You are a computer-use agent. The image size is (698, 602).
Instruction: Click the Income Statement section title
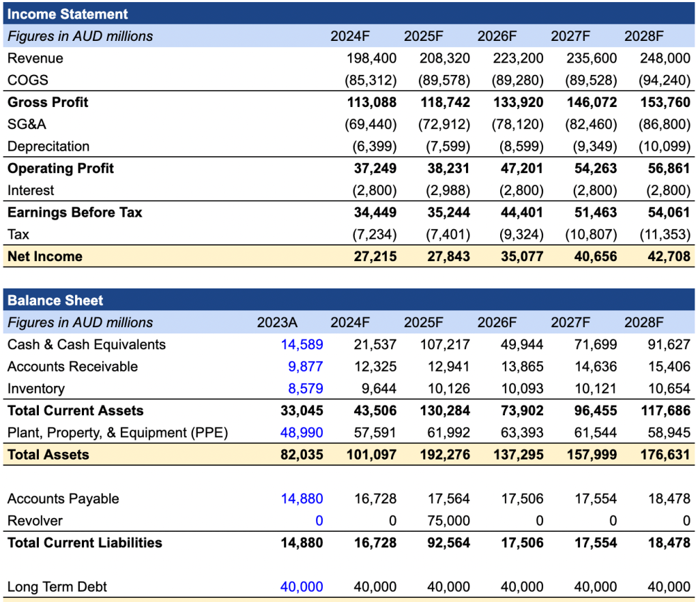(x=68, y=14)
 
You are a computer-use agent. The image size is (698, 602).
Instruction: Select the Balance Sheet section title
(x=55, y=300)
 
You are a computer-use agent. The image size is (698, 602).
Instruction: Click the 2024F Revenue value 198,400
(x=371, y=58)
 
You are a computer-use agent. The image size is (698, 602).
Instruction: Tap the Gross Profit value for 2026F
(x=519, y=102)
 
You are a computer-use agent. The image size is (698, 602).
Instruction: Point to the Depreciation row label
(x=48, y=146)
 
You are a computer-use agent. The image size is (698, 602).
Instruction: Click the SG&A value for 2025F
(x=444, y=124)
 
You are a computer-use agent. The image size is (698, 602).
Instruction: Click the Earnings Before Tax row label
(x=75, y=212)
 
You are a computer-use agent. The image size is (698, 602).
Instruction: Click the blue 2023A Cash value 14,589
(x=302, y=344)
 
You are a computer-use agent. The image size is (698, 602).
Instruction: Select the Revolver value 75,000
(x=448, y=521)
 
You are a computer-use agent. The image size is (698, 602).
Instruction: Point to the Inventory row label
(x=36, y=389)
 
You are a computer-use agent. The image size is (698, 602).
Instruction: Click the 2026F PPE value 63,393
(x=522, y=432)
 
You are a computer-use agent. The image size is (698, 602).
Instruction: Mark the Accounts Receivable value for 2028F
(x=669, y=366)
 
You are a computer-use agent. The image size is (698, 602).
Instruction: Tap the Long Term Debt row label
(x=57, y=586)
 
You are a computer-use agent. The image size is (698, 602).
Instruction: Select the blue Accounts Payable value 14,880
(x=302, y=498)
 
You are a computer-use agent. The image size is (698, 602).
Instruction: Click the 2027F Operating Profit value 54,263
(x=592, y=168)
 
